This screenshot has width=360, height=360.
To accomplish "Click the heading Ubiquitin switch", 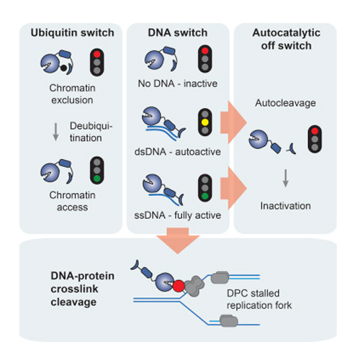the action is (x=72, y=33).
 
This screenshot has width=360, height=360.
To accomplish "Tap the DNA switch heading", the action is (x=178, y=32).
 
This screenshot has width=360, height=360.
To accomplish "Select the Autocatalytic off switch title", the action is (x=287, y=39).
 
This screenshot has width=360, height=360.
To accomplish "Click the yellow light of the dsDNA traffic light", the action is (x=205, y=122).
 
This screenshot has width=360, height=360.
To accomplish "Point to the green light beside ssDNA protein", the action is (x=205, y=196).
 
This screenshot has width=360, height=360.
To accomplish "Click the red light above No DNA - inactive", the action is (x=205, y=51).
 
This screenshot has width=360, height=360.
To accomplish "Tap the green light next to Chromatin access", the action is (x=97, y=179).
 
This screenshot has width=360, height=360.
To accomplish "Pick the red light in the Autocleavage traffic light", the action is (x=315, y=131).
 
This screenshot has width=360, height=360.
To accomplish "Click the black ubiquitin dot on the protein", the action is (x=63, y=68).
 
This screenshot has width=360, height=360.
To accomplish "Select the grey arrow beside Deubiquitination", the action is (x=55, y=132).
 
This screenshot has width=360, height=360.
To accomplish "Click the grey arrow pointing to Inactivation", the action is (x=286, y=178).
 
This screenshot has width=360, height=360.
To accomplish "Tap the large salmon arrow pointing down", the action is (x=178, y=240).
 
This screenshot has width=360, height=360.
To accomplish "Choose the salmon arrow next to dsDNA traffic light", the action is (x=233, y=122).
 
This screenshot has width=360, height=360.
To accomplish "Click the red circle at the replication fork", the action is (x=179, y=286).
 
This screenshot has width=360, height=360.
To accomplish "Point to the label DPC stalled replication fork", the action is (x=259, y=300).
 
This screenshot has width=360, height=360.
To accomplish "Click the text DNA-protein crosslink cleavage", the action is (x=82, y=289).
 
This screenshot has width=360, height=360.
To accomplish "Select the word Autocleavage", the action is (x=285, y=103).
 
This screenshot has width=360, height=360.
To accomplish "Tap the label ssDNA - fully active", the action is (x=178, y=215).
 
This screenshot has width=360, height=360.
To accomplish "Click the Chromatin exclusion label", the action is (x=72, y=94).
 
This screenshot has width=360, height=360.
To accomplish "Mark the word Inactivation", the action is (x=286, y=206).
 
